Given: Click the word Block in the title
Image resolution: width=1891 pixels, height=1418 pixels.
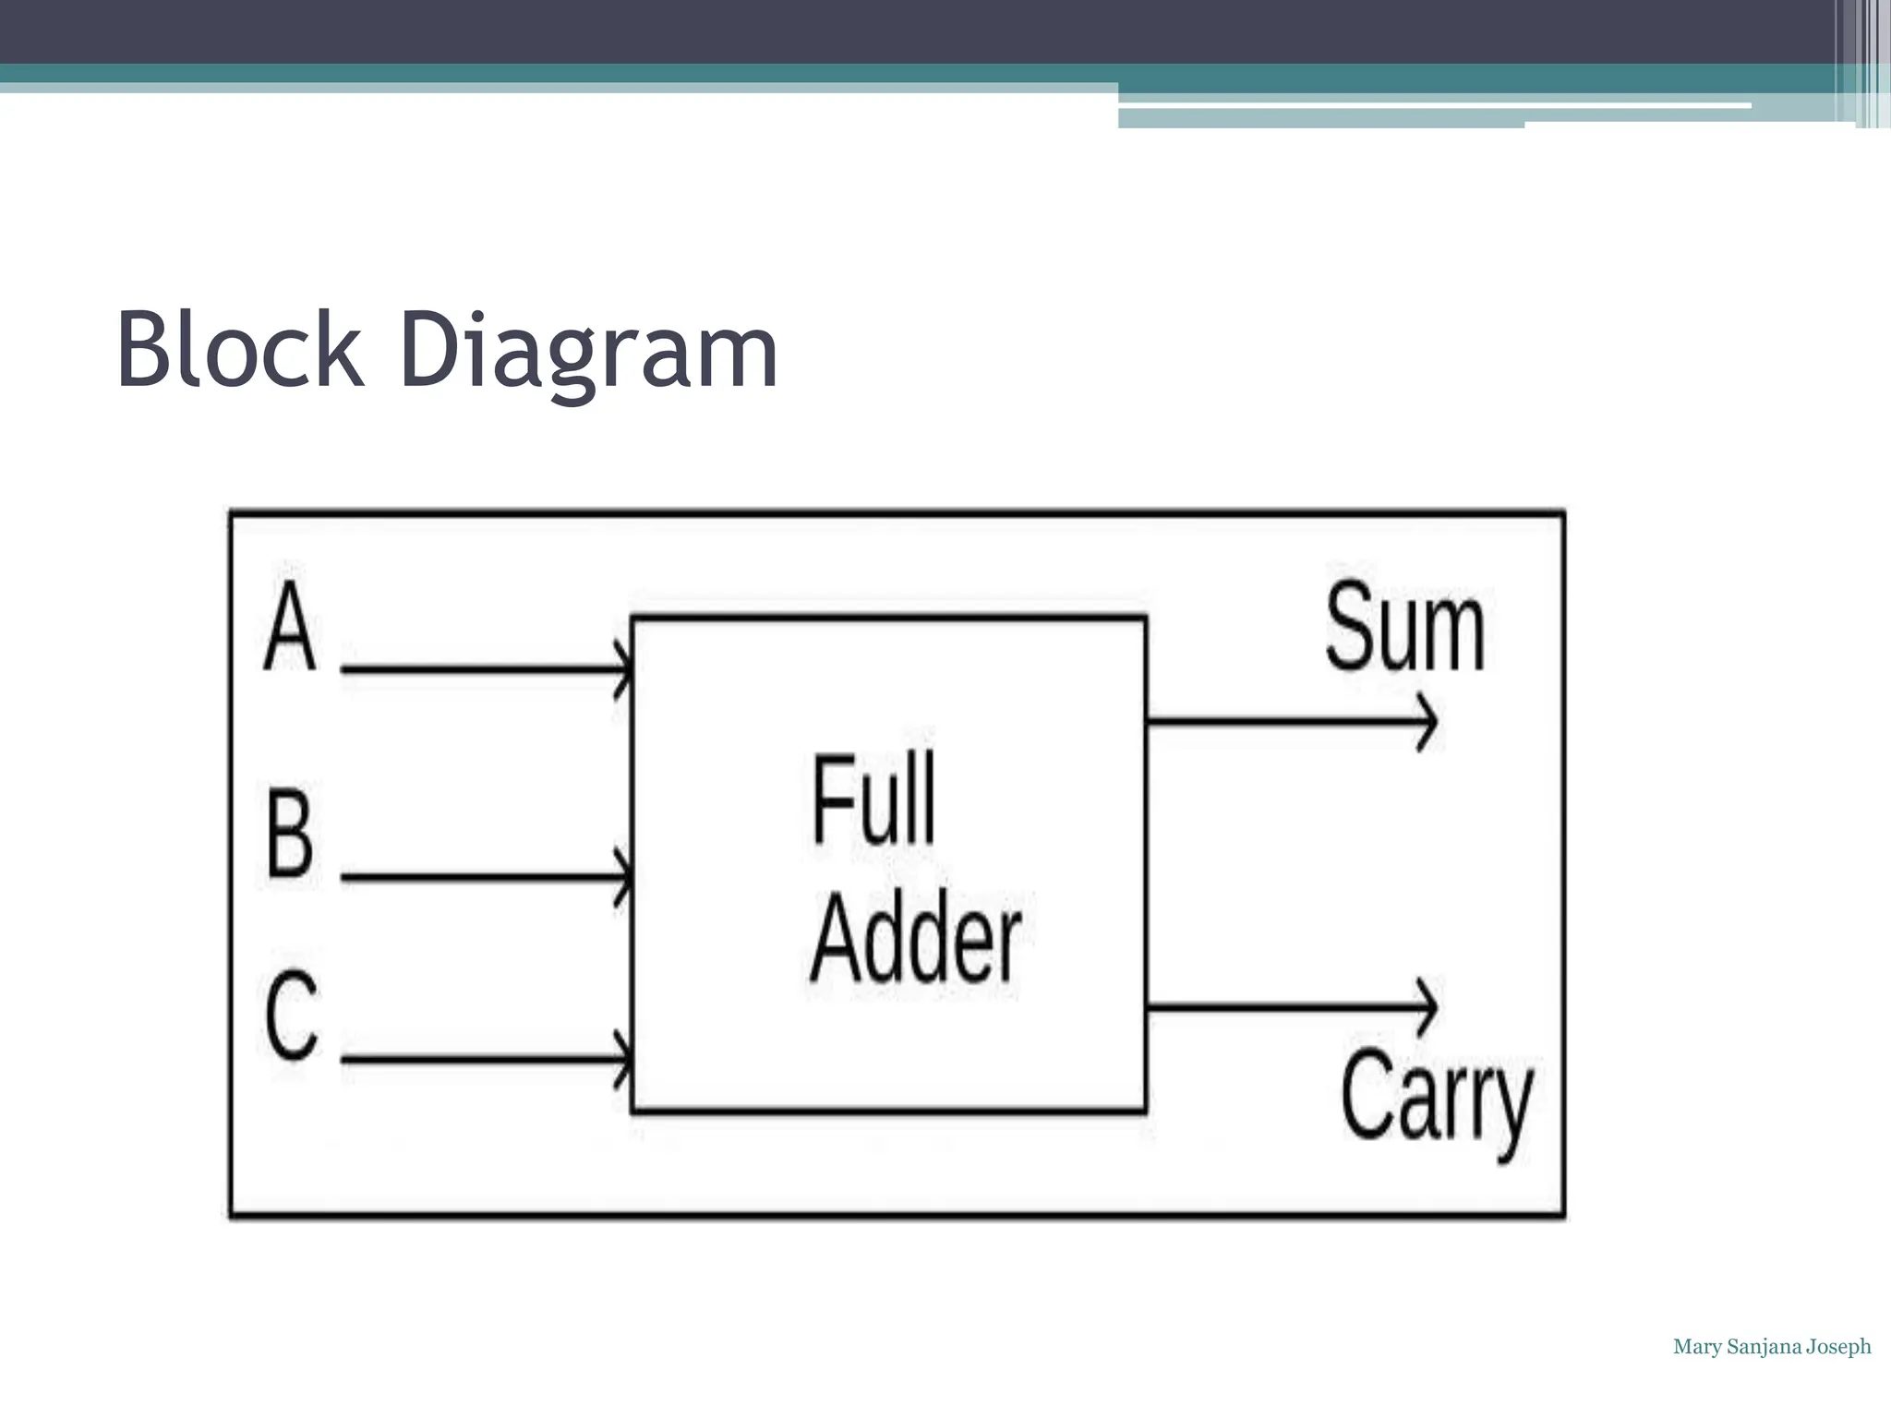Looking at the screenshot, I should (x=239, y=351).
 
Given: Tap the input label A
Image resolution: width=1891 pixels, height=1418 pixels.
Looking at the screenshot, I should (x=290, y=627).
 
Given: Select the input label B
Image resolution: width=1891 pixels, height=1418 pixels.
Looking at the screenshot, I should (x=290, y=833).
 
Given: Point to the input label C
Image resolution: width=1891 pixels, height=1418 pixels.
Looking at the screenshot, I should (x=292, y=1016).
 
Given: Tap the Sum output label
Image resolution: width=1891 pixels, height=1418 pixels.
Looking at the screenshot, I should (x=1404, y=629).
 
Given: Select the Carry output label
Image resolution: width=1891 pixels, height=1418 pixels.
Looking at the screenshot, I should (x=1436, y=1100).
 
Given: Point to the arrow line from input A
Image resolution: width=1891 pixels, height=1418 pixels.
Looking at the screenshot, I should (x=480, y=668).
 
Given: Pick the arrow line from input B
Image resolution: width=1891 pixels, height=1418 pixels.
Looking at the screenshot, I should (x=480, y=876).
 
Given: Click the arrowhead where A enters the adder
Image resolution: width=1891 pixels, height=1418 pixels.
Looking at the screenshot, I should (x=625, y=668).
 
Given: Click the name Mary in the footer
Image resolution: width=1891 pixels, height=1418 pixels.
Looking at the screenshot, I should (x=1697, y=1347).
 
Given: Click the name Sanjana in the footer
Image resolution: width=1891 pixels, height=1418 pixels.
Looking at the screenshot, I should (x=1764, y=1347).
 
